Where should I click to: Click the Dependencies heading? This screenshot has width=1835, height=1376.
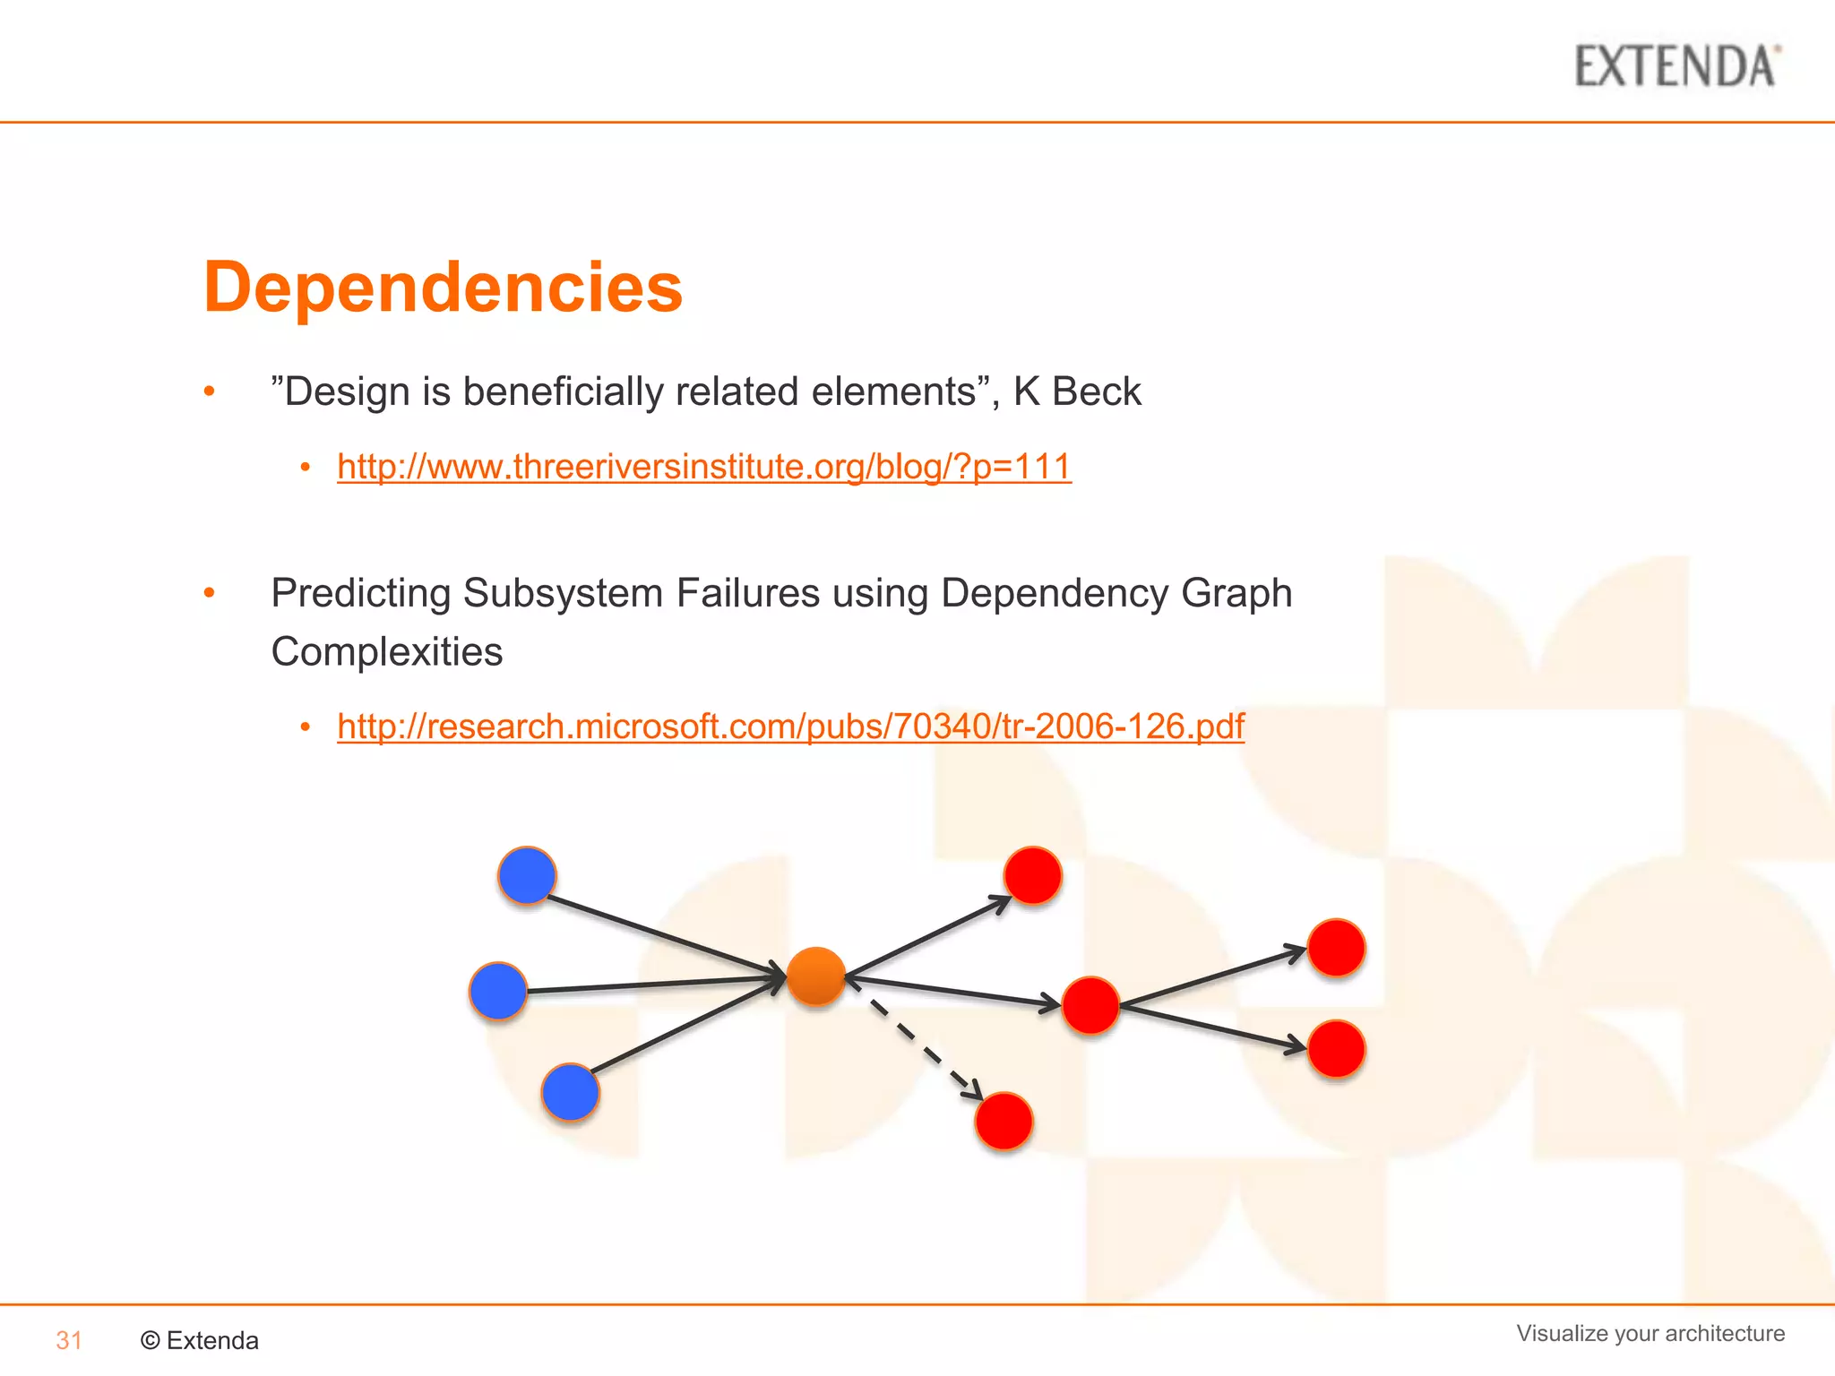(443, 287)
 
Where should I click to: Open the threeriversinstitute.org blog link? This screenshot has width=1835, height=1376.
(703, 467)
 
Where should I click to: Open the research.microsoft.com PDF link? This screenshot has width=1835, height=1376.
(790, 726)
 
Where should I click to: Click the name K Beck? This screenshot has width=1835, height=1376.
(1077, 391)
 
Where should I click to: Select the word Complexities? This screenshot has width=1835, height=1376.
(386, 651)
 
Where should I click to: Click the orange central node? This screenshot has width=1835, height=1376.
(815, 976)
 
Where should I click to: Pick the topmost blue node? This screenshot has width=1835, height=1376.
(527, 874)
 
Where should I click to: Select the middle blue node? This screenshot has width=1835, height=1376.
(497, 991)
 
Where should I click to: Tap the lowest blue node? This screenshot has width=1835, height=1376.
(570, 1092)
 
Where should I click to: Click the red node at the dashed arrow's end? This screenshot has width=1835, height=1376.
(1004, 1121)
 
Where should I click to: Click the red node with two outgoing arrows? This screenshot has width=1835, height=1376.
(1090, 1005)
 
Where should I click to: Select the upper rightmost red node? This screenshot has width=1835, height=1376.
(1336, 947)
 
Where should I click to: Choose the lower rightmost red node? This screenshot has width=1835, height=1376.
(1336, 1049)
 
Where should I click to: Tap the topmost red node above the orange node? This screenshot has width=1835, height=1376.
(1032, 875)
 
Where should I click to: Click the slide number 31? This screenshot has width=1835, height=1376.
(69, 1340)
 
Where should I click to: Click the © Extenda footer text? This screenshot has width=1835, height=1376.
(200, 1340)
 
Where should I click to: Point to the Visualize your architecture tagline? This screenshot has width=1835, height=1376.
(1650, 1333)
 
